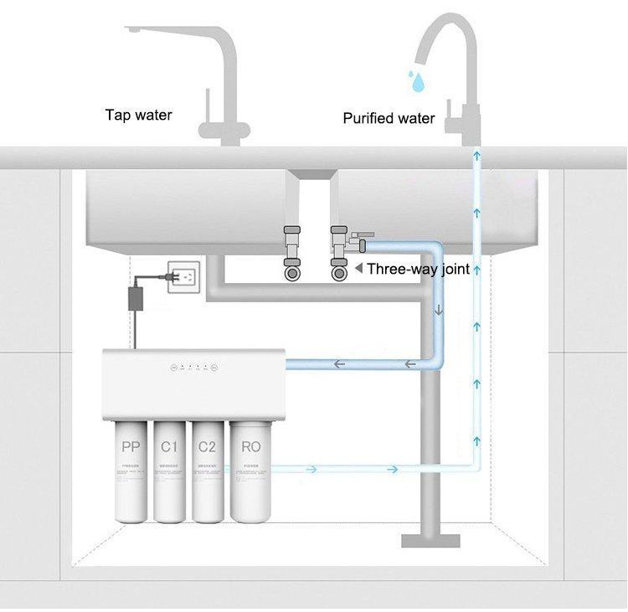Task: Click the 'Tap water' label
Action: [138, 115]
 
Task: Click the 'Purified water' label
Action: [389, 118]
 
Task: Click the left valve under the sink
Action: [293, 251]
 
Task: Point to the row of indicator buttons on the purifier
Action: [193, 367]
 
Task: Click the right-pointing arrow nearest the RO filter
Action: [311, 469]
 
